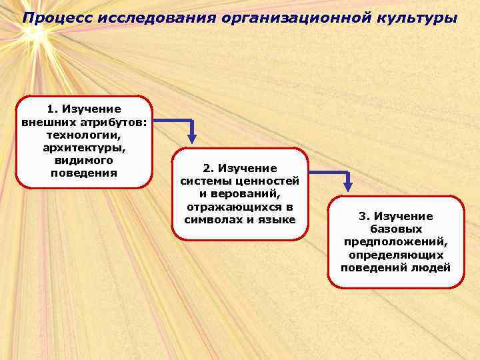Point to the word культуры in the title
418,17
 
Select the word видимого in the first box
84,161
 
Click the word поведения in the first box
84,173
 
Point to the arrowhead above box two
192,139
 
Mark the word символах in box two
212,219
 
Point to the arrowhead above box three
347,188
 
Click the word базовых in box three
396,229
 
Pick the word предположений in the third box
395,242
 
